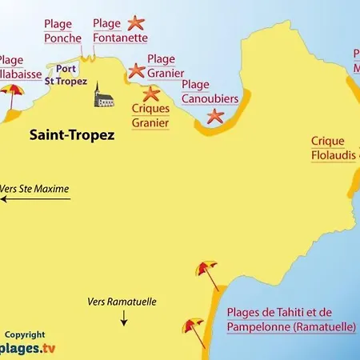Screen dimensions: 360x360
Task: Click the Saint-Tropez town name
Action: point(72,135)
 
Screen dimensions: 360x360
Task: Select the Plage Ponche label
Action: point(62,30)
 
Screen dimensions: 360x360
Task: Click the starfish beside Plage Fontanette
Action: point(138,23)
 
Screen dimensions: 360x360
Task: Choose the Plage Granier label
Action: point(166,66)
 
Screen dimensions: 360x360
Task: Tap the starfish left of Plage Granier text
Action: point(136,71)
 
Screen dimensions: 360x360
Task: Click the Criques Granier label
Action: point(149,116)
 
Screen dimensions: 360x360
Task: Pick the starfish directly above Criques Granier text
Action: point(150,94)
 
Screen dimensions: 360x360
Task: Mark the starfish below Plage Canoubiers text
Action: point(214,117)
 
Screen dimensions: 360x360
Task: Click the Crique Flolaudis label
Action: point(333,149)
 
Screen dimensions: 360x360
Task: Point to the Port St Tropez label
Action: point(66,74)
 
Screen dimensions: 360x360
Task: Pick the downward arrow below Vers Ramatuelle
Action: point(124,320)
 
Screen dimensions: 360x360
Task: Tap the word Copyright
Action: point(25,334)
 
